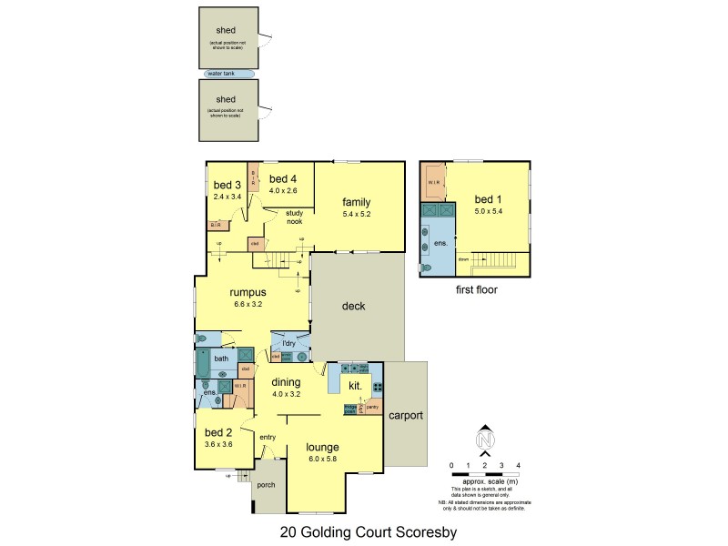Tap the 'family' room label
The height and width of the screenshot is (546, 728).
357,202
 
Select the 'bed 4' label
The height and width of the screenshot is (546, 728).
284,178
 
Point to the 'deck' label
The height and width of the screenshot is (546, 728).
353,307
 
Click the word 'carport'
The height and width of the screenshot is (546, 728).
406,415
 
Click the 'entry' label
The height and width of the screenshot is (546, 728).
268,438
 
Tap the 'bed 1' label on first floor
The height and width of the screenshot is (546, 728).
488,199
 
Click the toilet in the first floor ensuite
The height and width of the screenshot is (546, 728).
428,268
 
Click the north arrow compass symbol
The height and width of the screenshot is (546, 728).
485,439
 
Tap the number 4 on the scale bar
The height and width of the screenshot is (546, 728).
518,465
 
